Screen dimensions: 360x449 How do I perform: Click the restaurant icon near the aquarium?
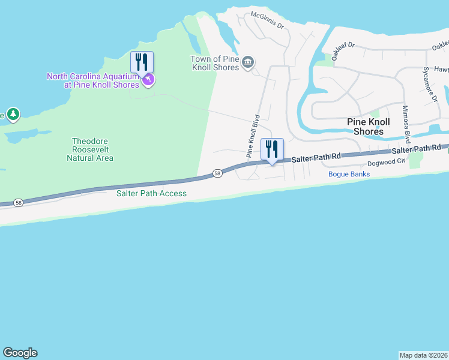coord(142,62)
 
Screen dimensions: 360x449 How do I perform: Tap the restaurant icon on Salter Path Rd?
coord(272,149)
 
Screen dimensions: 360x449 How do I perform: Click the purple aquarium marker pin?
coord(148,79)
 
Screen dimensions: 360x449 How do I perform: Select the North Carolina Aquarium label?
coord(93,80)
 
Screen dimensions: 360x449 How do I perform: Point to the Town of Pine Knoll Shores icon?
coord(248,61)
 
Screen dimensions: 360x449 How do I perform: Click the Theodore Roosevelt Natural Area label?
coord(90,149)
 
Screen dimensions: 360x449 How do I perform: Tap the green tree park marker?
coord(13,114)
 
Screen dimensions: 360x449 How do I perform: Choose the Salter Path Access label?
coord(152,193)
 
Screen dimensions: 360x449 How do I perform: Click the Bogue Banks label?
coord(349,174)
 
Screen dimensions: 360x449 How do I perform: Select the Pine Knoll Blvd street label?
coord(253,136)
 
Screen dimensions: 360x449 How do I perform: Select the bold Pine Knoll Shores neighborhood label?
coord(369,127)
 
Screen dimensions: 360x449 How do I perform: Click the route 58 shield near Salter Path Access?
coord(217,174)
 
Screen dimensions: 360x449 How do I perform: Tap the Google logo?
coord(20,353)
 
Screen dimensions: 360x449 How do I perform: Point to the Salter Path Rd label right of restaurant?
coord(317,157)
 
